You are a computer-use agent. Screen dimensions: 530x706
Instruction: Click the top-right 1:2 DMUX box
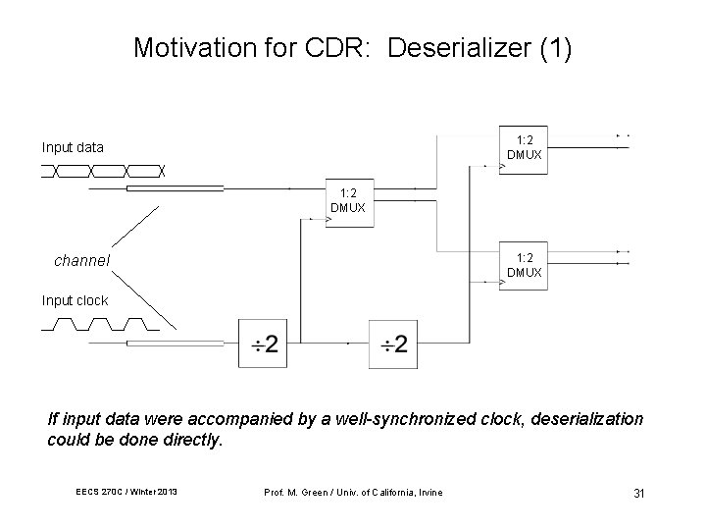pyautogui.click(x=524, y=147)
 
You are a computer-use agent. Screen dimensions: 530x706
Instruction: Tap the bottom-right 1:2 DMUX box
pyautogui.click(x=524, y=264)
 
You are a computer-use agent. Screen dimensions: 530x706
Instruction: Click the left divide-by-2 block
pyautogui.click(x=263, y=344)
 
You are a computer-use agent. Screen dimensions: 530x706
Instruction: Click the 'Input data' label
pyautogui.click(x=73, y=148)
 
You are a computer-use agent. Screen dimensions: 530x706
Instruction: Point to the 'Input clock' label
pyautogui.click(x=75, y=300)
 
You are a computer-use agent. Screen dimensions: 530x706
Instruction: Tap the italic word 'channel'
pyautogui.click(x=81, y=261)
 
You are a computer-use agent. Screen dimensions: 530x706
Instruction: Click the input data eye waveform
pyautogui.click(x=103, y=171)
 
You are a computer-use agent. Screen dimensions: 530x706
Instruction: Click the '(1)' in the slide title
pyautogui.click(x=554, y=47)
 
